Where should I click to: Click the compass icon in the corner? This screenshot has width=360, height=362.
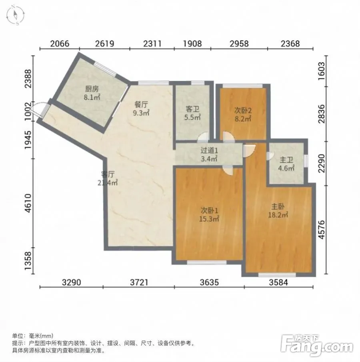point(16,15)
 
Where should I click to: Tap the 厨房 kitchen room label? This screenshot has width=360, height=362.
point(92,93)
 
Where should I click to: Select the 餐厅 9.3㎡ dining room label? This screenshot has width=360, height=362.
point(141,108)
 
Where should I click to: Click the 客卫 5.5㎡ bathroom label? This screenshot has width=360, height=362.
point(192,113)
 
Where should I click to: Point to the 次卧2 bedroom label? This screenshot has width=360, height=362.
point(243,114)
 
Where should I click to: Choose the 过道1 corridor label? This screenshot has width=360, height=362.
point(209,154)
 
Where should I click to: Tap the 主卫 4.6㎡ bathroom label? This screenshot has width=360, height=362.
point(286,164)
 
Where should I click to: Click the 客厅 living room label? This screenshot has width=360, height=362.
point(108,178)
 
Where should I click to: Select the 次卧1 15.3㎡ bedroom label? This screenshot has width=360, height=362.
point(209,214)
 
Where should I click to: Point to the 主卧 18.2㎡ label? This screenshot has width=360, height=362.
point(278,210)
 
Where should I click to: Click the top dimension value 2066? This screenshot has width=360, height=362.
point(60,44)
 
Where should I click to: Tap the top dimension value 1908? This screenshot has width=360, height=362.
point(192,44)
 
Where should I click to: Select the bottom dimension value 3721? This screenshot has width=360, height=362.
point(139,282)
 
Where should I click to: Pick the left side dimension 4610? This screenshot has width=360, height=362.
point(28,203)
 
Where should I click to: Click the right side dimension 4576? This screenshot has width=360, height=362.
point(321,230)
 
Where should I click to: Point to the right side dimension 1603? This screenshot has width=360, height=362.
point(321,71)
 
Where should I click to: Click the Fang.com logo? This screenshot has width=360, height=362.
point(317,346)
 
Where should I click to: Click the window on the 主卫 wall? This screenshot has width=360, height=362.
point(306,161)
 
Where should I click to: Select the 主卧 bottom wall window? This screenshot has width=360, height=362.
point(277,275)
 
